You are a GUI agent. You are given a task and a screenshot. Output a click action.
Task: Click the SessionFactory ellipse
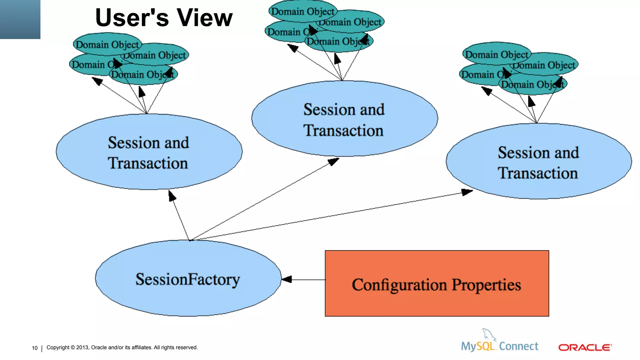click(x=188, y=278)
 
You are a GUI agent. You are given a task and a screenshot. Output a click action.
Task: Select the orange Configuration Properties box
click(x=437, y=283)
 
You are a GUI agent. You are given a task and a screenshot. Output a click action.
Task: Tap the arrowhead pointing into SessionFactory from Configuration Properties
click(x=287, y=279)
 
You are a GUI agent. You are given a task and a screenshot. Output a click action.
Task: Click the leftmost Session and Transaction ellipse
click(x=149, y=152)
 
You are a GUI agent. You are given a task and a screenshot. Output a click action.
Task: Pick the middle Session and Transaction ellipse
click(x=344, y=119)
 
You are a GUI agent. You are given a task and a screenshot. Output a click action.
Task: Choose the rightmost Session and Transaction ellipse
click(x=538, y=162)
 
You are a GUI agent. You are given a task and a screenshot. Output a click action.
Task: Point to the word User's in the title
click(x=132, y=18)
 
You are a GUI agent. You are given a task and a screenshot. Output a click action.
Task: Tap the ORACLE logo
click(x=585, y=347)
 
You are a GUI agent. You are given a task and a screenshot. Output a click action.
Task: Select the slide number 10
click(x=34, y=348)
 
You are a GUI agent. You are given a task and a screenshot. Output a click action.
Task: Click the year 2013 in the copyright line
click(x=82, y=347)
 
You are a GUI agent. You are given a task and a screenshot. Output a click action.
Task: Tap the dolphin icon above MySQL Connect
click(x=488, y=334)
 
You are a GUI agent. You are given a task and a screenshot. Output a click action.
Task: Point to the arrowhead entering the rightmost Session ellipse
click(x=467, y=192)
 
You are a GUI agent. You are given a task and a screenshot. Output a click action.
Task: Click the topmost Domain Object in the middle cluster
click(x=302, y=12)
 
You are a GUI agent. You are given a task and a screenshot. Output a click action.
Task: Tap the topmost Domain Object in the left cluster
click(x=107, y=44)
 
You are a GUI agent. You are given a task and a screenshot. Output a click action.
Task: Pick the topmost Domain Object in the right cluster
click(x=496, y=54)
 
